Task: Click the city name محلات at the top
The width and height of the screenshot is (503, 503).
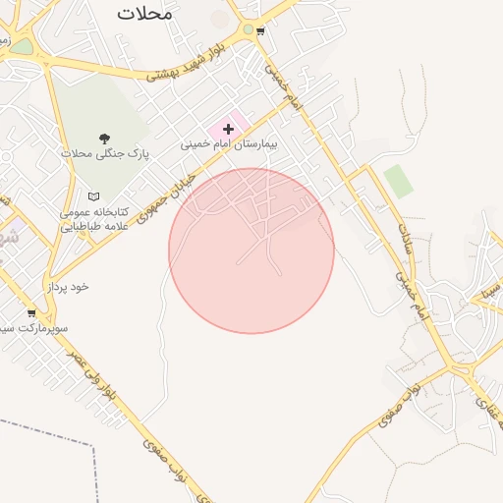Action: click(144, 13)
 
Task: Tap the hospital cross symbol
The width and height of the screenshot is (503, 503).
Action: click(228, 128)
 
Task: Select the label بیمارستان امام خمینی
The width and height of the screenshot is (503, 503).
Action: click(230, 143)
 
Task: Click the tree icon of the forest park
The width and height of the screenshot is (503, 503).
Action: click(105, 139)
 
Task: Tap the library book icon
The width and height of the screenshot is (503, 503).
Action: click(93, 196)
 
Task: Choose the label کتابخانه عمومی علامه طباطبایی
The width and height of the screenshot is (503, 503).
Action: click(90, 218)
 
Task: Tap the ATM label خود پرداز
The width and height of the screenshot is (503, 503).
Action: click(68, 286)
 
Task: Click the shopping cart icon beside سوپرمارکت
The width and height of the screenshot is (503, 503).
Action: click(31, 313)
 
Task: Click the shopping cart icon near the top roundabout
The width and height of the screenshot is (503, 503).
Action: click(260, 31)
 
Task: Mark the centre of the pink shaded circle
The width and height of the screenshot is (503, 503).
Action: click(251, 251)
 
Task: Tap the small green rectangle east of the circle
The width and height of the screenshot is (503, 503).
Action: click(398, 181)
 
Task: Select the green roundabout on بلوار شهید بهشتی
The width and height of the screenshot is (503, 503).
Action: click(248, 30)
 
